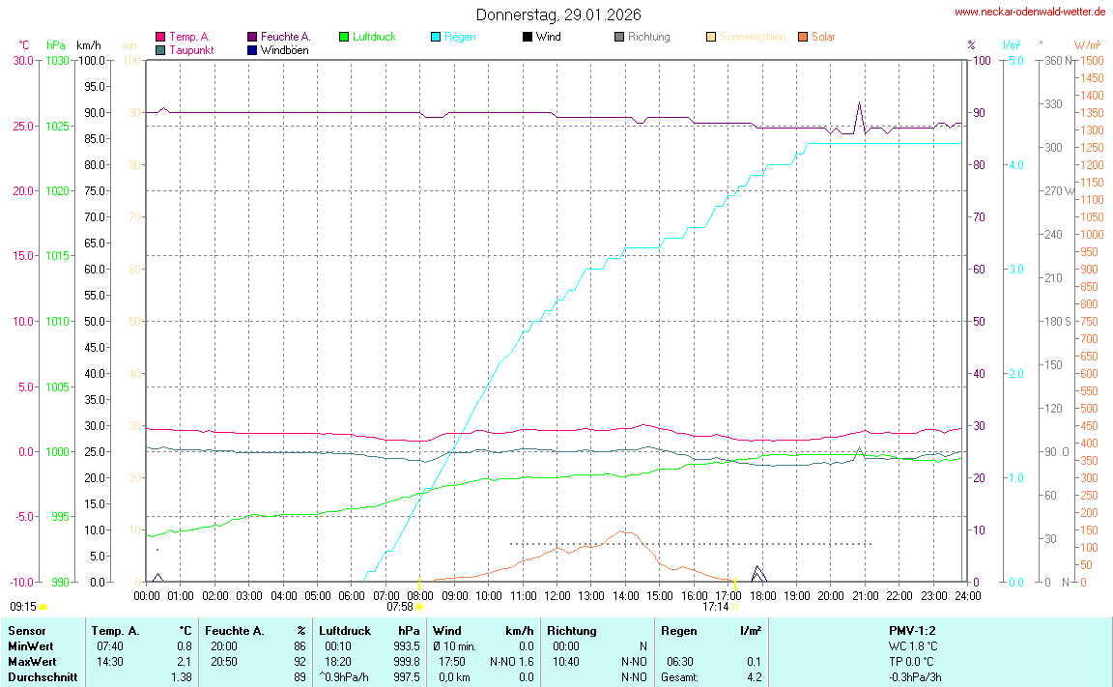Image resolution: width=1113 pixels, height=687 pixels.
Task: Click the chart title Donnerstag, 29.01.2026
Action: [557, 15]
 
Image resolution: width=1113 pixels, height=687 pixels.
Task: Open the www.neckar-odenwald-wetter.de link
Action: [1029, 13]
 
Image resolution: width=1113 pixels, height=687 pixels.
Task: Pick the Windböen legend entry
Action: [285, 50]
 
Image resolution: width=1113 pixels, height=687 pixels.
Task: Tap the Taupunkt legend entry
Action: [190, 50]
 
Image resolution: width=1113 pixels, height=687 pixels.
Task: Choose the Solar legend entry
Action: [822, 37]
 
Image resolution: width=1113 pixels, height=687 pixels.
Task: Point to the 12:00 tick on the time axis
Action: [556, 596]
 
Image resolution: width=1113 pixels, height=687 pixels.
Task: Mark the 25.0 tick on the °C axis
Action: [21, 126]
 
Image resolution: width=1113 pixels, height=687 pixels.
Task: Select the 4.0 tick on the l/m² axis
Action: [1016, 165]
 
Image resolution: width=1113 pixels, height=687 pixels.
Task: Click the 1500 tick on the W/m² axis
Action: [1092, 61]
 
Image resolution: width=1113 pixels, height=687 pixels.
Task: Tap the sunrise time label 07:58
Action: [400, 608]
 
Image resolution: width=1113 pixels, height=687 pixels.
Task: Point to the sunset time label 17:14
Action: [715, 608]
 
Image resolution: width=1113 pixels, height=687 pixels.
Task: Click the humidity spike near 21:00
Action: [859, 103]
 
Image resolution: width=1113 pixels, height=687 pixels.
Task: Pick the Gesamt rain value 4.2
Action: [753, 677]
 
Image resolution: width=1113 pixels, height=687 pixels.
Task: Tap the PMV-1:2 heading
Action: [912, 630]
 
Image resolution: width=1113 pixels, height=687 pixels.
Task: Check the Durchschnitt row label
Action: [42, 677]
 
